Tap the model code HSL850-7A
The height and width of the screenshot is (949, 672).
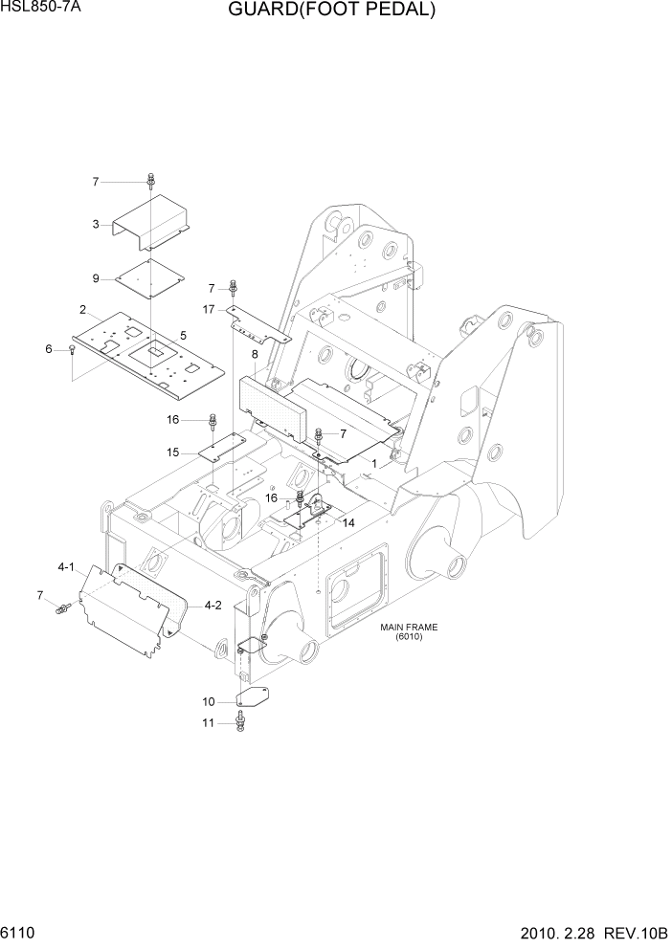[x=38, y=9]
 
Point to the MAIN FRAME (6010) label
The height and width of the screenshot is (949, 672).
[x=409, y=632]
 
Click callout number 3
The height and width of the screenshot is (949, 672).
[x=96, y=224]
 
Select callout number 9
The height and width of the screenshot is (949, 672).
[x=96, y=278]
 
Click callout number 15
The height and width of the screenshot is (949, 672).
[x=173, y=452]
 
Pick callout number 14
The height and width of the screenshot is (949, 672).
[x=348, y=523]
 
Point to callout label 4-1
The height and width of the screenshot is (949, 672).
[x=66, y=567]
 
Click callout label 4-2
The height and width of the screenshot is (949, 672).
[x=213, y=605]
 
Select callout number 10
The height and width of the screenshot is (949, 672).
[x=210, y=702]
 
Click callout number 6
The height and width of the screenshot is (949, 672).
[x=48, y=349]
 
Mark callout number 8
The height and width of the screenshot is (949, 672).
[x=255, y=354]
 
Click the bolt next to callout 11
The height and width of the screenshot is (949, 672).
[x=239, y=724]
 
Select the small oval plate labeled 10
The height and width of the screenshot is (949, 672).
[x=252, y=699]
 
